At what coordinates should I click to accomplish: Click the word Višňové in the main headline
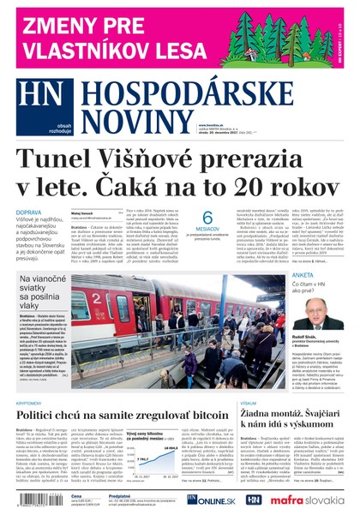159,160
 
